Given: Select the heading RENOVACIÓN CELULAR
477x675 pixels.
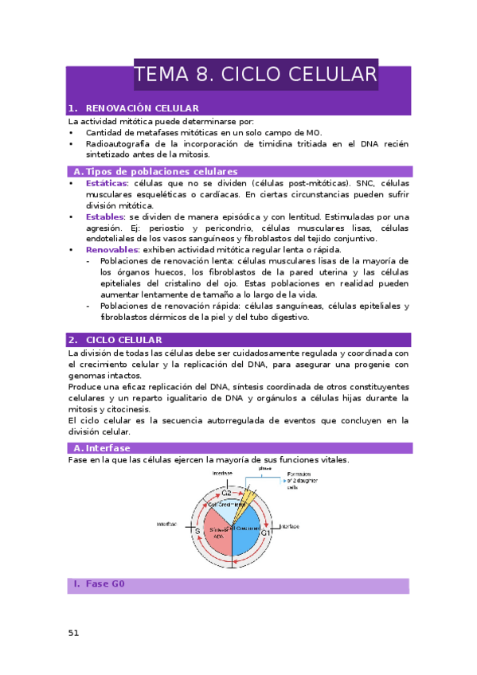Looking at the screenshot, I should coord(142,107).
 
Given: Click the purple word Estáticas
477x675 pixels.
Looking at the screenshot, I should coord(106,183).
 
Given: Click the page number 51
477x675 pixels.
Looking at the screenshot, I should coord(73,633).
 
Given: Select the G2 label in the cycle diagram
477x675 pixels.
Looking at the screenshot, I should coord(226,494).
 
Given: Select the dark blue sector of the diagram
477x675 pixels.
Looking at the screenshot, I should coord(249,532).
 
